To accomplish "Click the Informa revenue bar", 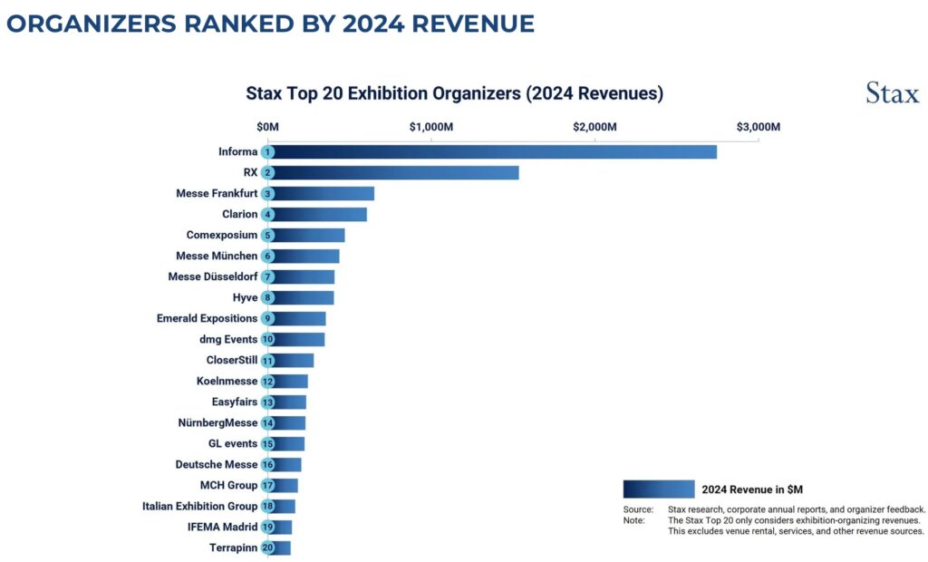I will (494, 152).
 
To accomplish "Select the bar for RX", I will (394, 173).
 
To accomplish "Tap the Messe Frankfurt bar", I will (323, 194).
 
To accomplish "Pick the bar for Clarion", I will (319, 215).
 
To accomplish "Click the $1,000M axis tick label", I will (431, 126).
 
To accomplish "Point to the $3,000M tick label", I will (758, 126).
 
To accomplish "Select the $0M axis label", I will (267, 126).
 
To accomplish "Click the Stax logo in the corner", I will (892, 93).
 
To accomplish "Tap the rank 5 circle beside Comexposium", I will (267, 236).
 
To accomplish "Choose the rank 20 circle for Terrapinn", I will (267, 547).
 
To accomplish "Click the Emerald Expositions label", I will (207, 318).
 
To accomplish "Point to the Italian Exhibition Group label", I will (199, 506).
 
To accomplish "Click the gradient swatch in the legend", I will (658, 489).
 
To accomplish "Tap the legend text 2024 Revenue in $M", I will (752, 489).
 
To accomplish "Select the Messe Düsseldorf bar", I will (303, 277).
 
